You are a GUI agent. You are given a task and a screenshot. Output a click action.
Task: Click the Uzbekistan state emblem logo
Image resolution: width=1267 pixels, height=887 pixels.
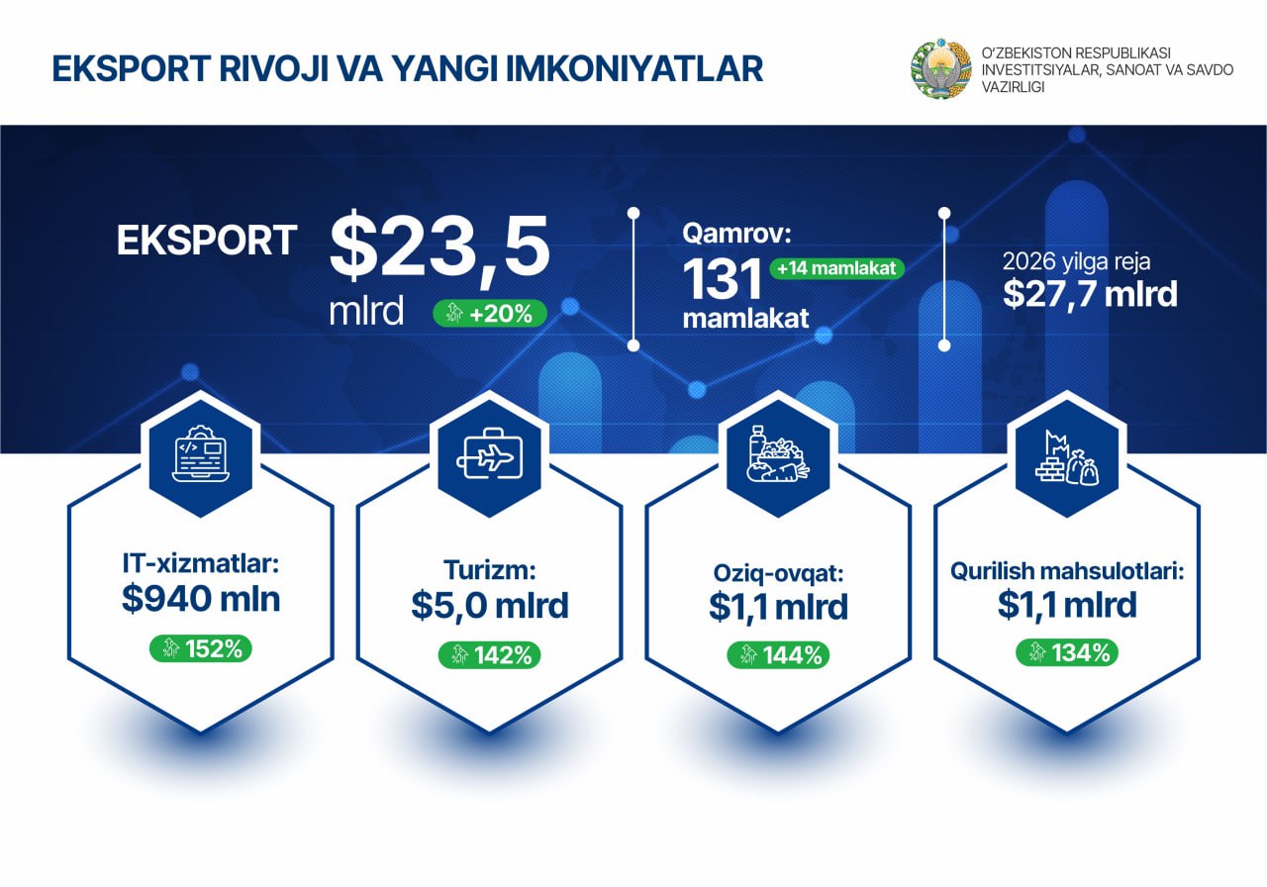tap(940, 68)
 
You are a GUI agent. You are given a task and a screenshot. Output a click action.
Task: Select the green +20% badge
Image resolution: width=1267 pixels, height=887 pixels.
tap(490, 314)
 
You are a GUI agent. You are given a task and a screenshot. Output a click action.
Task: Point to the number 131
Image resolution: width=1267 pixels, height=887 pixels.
tap(723, 279)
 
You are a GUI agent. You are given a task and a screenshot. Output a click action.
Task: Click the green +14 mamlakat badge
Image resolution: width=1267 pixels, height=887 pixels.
tap(836, 268)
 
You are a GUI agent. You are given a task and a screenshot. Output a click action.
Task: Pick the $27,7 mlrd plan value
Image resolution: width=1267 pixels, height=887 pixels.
tap(1090, 294)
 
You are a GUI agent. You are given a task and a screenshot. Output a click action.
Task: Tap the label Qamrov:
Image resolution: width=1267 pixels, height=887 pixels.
tap(736, 233)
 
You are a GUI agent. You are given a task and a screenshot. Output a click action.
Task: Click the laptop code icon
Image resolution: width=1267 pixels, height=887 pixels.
tap(201, 453)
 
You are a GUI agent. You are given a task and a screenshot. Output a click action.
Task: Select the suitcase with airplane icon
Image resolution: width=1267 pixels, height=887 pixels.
tap(489, 453)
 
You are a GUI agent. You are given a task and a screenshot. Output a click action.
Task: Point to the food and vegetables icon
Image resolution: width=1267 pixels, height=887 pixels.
tap(778, 453)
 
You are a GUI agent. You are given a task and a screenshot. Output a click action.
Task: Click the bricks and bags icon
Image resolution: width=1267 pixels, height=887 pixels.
tap(1067, 457)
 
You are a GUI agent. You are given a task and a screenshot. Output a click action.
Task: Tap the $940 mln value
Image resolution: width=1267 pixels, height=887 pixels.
tap(201, 599)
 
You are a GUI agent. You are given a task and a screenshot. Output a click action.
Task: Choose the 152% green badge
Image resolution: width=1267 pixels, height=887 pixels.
tap(201, 648)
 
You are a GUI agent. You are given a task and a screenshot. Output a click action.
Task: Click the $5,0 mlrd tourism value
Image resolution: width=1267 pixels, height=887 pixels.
tap(490, 605)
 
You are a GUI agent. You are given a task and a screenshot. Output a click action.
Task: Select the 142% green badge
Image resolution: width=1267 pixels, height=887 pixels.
tap(490, 655)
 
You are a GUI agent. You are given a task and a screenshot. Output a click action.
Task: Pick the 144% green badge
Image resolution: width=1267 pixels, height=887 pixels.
tap(778, 655)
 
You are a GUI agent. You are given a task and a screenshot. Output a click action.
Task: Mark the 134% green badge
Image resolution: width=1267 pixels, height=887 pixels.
tap(1067, 652)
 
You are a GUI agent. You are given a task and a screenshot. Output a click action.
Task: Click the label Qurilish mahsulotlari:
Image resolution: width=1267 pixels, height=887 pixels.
tap(1067, 571)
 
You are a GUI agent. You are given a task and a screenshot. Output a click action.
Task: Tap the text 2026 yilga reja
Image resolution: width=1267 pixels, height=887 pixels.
tap(1076, 261)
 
